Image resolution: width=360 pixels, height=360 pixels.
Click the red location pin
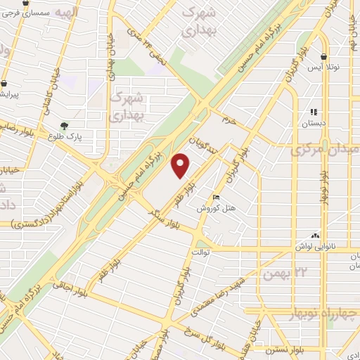(181, 165)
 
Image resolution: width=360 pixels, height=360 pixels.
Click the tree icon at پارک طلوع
(65, 126)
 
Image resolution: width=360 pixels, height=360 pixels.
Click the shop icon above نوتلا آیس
(323, 56)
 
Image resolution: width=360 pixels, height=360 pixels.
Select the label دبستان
(314, 123)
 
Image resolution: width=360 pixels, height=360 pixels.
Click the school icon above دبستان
(314, 111)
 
